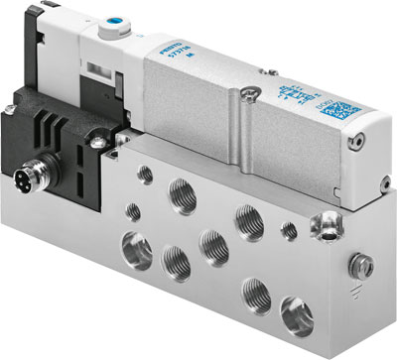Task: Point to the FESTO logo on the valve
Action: (x=166, y=61)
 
